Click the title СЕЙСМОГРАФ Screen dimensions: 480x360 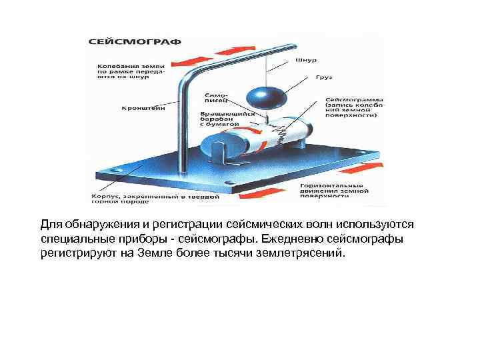tap(135, 41)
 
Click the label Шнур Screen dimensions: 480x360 tap(301, 59)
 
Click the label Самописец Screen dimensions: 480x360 tap(217, 99)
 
